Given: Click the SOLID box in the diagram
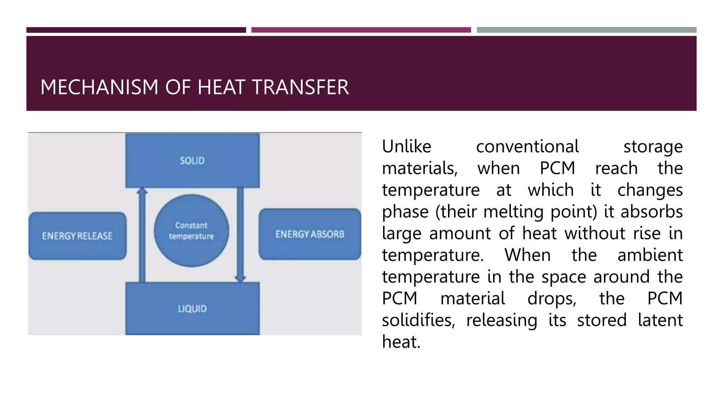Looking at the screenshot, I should pos(192,160).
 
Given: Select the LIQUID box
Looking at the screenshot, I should pos(192,308).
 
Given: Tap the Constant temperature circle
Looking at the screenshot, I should pos(191,231).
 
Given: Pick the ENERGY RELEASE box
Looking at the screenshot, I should pos(77,236).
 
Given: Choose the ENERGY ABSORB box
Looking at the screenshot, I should pos(310,234).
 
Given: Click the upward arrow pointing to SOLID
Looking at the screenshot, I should pos(142,235).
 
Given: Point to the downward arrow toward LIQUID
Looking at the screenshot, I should pos(240,235).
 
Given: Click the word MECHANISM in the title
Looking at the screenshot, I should pos(99,87).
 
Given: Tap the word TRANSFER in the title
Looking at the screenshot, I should pos(300,87).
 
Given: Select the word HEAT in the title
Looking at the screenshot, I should pos(221,87).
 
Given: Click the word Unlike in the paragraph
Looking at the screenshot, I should pos(406,146).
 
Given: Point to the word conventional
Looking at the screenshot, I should pos(527,146).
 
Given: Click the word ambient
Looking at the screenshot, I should pos(650,255).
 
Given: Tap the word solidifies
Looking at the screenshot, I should pos(418,320).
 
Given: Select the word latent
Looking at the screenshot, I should pos(660,320).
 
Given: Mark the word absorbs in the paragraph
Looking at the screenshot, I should pos(652,212).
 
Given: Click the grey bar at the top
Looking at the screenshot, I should pos(586,30).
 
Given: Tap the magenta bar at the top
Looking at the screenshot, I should pos(361,30).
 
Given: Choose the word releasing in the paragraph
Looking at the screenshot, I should pos(502,320).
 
